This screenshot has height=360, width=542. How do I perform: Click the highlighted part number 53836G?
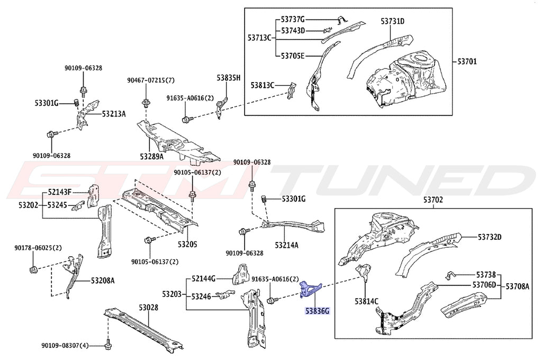(316, 311)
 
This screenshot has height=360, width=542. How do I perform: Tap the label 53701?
(466, 61)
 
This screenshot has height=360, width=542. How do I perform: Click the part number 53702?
(433, 200)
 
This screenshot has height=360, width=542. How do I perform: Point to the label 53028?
(149, 307)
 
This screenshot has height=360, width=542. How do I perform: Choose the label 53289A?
(152, 157)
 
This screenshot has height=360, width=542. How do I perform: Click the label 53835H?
(228, 78)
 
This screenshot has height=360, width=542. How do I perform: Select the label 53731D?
(392, 21)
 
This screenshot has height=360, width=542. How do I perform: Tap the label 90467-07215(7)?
(150, 80)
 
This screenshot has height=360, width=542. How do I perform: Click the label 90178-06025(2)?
(38, 248)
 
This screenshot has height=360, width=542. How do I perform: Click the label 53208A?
(102, 281)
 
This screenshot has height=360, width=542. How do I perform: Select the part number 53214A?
(286, 245)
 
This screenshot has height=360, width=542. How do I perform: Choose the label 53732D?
(490, 237)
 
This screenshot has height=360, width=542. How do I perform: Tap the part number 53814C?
(367, 301)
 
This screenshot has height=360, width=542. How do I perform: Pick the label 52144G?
(204, 278)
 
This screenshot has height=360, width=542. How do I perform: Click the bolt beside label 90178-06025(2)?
(33, 270)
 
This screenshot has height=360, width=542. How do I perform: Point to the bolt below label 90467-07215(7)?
(145, 102)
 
